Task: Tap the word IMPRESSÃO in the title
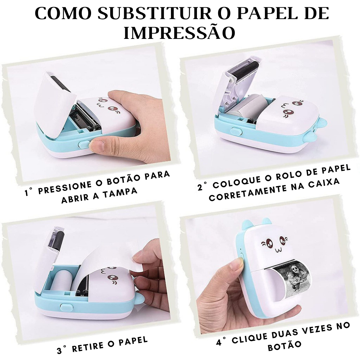point(180,33)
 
